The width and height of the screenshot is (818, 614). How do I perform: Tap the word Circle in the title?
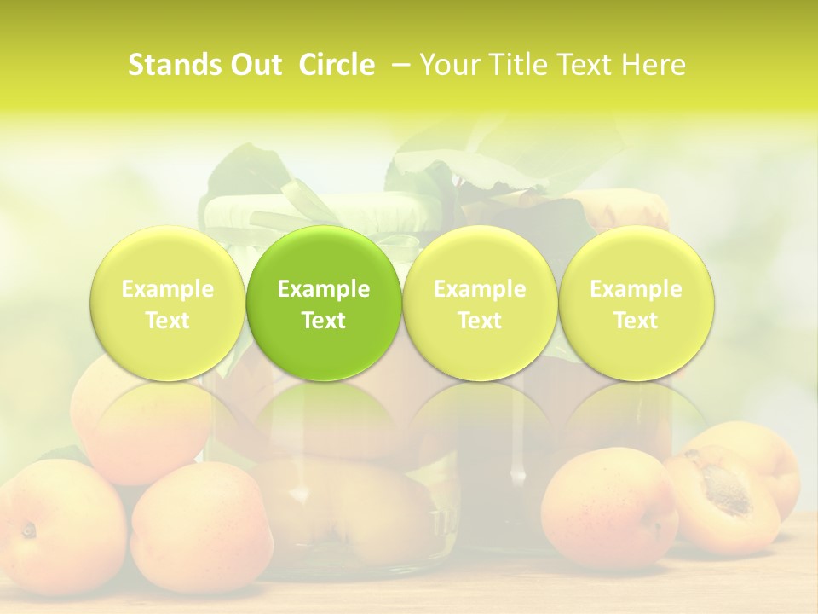(x=336, y=65)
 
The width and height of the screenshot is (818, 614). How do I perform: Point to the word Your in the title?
(x=448, y=65)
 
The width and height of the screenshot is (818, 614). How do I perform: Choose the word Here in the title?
(x=654, y=65)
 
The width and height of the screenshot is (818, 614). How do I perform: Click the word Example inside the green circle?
(x=324, y=289)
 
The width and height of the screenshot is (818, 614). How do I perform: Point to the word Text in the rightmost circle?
(x=636, y=321)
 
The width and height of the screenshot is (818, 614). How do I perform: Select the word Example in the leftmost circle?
(x=168, y=289)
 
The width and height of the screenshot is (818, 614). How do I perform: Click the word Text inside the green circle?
(x=324, y=321)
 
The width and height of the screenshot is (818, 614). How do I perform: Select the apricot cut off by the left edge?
(x=47, y=524)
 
